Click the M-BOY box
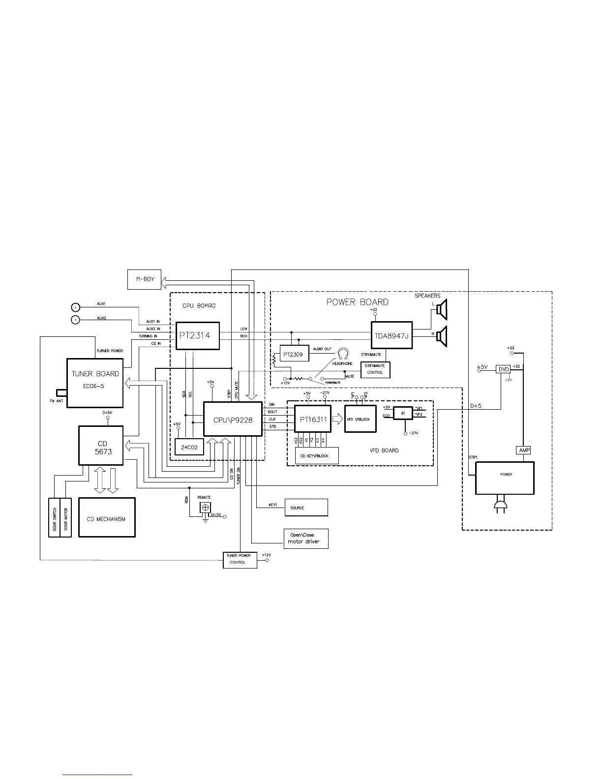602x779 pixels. (x=144, y=279)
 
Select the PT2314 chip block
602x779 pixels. (x=198, y=336)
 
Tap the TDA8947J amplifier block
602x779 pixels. (x=391, y=336)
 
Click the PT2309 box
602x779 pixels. (x=294, y=354)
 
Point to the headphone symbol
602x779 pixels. (x=343, y=354)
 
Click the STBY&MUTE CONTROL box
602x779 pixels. (x=375, y=369)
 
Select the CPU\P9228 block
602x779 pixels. (x=233, y=419)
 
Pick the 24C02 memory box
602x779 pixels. (x=189, y=447)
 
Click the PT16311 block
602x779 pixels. (x=313, y=419)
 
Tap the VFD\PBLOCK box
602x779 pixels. (x=360, y=419)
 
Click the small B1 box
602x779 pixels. (x=403, y=413)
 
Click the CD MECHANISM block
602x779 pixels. (x=106, y=518)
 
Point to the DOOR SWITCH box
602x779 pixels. (x=54, y=518)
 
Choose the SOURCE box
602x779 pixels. (x=306, y=508)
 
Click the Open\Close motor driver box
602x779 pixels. (x=306, y=539)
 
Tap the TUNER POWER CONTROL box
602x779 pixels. (x=240, y=559)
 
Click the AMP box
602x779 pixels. (x=524, y=450)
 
